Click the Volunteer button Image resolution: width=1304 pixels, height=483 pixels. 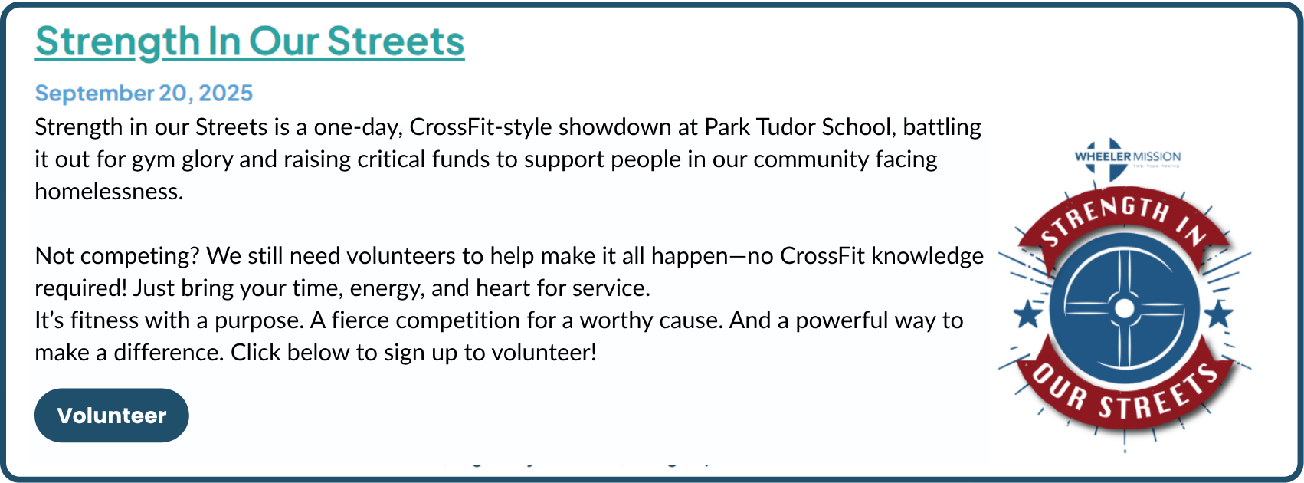coord(112,416)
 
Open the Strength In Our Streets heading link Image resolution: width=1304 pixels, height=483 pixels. coord(250,41)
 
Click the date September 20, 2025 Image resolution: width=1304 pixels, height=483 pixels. coord(144,94)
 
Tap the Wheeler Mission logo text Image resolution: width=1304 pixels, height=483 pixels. coord(1128,156)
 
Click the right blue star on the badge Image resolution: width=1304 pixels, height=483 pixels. coord(1218,314)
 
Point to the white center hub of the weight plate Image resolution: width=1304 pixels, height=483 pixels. coord(1124,308)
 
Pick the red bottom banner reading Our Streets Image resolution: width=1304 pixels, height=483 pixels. coord(1125,390)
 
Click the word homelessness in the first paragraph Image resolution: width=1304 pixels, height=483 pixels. coord(109,192)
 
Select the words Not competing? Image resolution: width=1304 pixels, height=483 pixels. coord(117,256)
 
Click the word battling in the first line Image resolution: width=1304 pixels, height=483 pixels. coord(942,127)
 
